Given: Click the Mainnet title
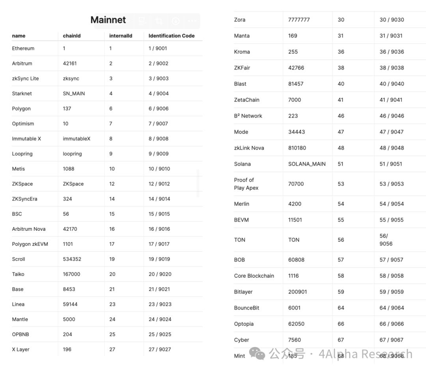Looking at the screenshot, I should (108, 20).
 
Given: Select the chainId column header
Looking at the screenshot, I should (72, 36).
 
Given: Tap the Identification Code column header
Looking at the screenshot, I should (172, 36).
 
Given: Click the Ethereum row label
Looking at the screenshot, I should (23, 48).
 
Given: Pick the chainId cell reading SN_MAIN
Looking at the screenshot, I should (74, 94).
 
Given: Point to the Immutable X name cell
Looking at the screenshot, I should (26, 139).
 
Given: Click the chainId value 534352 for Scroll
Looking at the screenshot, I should (72, 259).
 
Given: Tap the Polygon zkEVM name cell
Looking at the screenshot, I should (30, 244).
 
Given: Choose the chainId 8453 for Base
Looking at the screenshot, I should (69, 289).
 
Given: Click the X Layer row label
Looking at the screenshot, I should (21, 349).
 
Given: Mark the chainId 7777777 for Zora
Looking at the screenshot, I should (299, 20).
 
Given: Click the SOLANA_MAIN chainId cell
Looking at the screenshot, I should (307, 164).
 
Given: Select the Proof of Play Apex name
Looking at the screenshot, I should (246, 184).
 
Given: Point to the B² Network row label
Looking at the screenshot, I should (248, 116).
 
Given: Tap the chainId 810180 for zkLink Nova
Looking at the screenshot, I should (297, 148).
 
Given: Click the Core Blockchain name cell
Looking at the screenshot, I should (254, 276).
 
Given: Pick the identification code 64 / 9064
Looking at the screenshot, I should (392, 308).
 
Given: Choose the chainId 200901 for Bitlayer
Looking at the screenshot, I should (297, 292).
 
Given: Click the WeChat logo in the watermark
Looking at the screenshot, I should (259, 354).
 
